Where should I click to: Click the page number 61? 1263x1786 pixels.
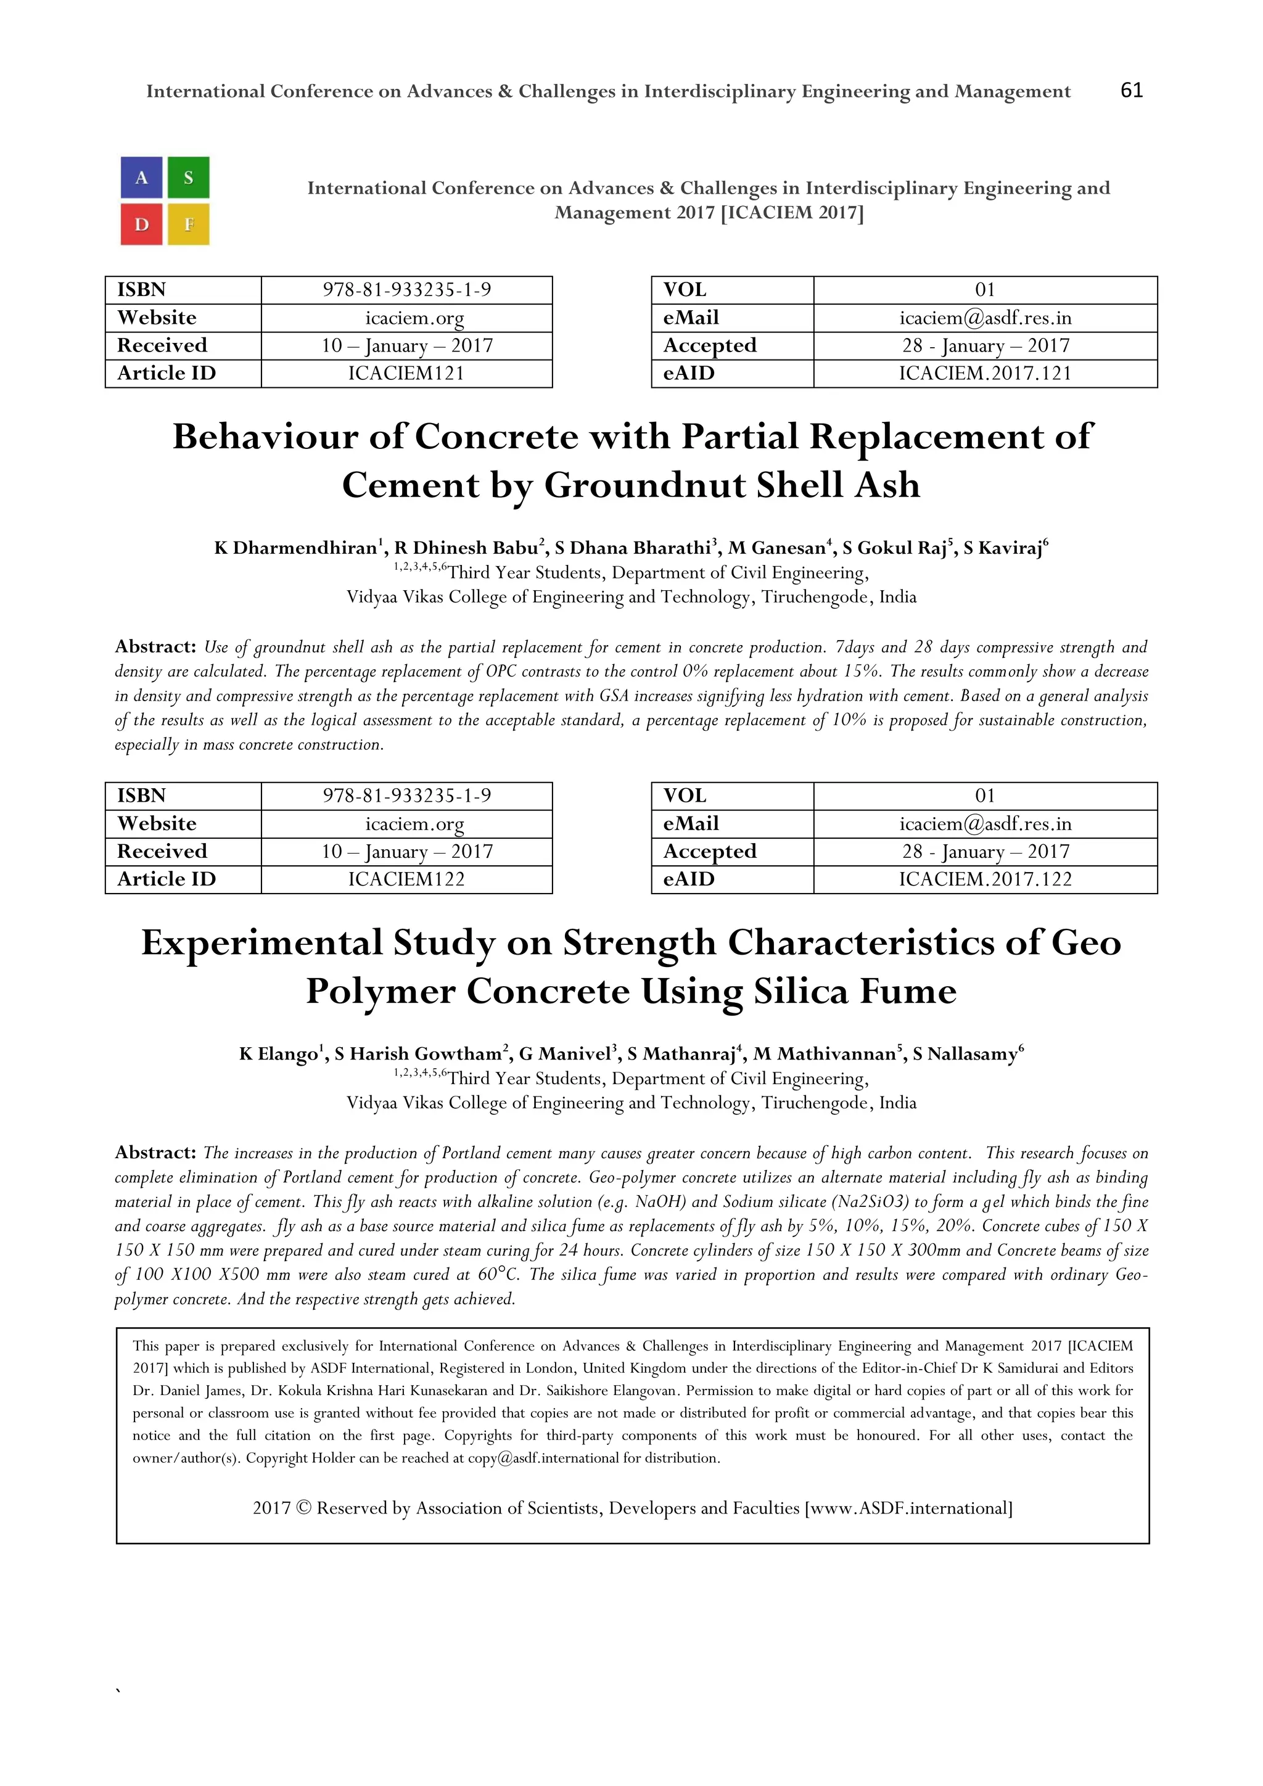pos(1131,91)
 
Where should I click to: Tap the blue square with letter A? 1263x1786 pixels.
pos(142,178)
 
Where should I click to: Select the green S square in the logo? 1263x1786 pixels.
pos(188,178)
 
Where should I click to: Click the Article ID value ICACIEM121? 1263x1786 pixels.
pos(406,373)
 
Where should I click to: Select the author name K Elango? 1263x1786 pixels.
pos(278,1054)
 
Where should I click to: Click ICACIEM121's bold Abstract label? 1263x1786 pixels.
pos(155,646)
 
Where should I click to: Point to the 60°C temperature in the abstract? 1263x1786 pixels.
pos(498,1275)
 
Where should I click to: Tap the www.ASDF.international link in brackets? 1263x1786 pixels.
pos(908,1508)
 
